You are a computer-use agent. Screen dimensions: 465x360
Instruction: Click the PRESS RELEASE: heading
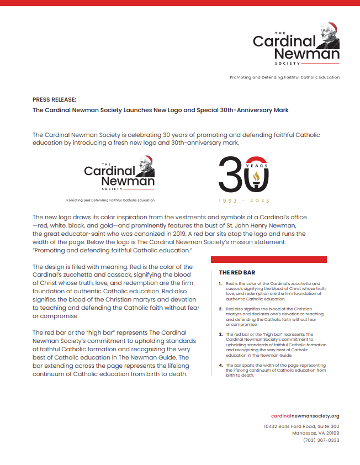pyautogui.click(x=54, y=100)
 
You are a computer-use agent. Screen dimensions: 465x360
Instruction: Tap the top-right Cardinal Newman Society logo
pyautogui.click(x=295, y=44)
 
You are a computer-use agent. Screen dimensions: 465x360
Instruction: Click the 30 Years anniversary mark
pyautogui.click(x=243, y=173)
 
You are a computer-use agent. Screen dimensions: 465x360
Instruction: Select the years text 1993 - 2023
pyautogui.click(x=243, y=200)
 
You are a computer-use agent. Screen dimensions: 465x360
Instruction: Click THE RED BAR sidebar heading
pyautogui.click(x=237, y=272)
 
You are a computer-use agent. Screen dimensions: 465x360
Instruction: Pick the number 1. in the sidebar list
pyautogui.click(x=220, y=283)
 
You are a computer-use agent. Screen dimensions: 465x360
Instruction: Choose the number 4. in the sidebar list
pyautogui.click(x=220, y=365)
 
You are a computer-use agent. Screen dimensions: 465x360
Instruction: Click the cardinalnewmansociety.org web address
pyautogui.click(x=305, y=415)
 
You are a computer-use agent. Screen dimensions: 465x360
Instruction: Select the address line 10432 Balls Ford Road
pyautogui.click(x=301, y=426)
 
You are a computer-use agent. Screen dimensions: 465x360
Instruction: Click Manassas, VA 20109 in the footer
pyautogui.click(x=315, y=433)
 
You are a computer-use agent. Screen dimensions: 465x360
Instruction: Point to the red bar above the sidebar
pyautogui.click(x=269, y=260)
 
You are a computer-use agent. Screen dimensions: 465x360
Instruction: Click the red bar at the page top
pyautogui.click(x=180, y=2)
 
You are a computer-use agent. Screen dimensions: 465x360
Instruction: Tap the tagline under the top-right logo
pyautogui.click(x=284, y=77)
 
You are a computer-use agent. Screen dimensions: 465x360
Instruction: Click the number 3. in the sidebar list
pyautogui.click(x=220, y=334)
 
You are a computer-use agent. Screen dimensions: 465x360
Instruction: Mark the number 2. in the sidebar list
pyautogui.click(x=220, y=309)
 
